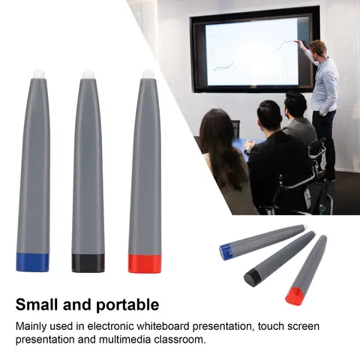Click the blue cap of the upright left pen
tap(32, 262)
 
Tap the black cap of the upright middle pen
tap(88, 262)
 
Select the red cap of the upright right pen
tap(144, 263)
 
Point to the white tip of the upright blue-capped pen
tap(38, 73)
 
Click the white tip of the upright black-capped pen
tap(88, 73)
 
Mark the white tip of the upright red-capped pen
tap(148, 73)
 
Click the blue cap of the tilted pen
tap(226, 252)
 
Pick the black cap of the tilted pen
tap(253, 277)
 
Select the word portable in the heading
tap(127, 305)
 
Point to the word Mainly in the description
tap(34, 326)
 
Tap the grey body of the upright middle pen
tap(88, 165)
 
